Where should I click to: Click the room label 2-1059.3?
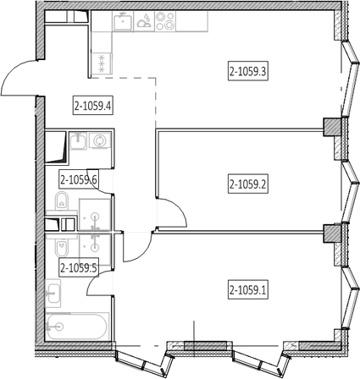pyautogui.click(x=248, y=71)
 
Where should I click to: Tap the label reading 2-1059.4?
pyautogui.click(x=93, y=106)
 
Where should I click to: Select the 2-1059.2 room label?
pyautogui.click(x=248, y=184)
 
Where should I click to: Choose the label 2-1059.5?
pyautogui.click(x=79, y=267)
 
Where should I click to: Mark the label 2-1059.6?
pyautogui.click(x=79, y=179)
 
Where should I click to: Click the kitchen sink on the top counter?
pyautogui.click(x=123, y=21)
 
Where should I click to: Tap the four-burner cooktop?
pyautogui.click(x=165, y=21)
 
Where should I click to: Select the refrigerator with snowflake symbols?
pyautogui.click(x=102, y=63)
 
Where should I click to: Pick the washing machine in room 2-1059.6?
pyautogui.click(x=100, y=140)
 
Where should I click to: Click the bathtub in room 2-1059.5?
pyautogui.click(x=77, y=327)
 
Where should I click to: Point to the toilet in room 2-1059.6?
pyautogui.click(x=62, y=201)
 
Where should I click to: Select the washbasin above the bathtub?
pyautogui.click(x=53, y=294)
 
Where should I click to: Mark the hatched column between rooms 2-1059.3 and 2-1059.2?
pyautogui.click(x=332, y=127)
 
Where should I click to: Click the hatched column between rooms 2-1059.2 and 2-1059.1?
pyautogui.click(x=332, y=233)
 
